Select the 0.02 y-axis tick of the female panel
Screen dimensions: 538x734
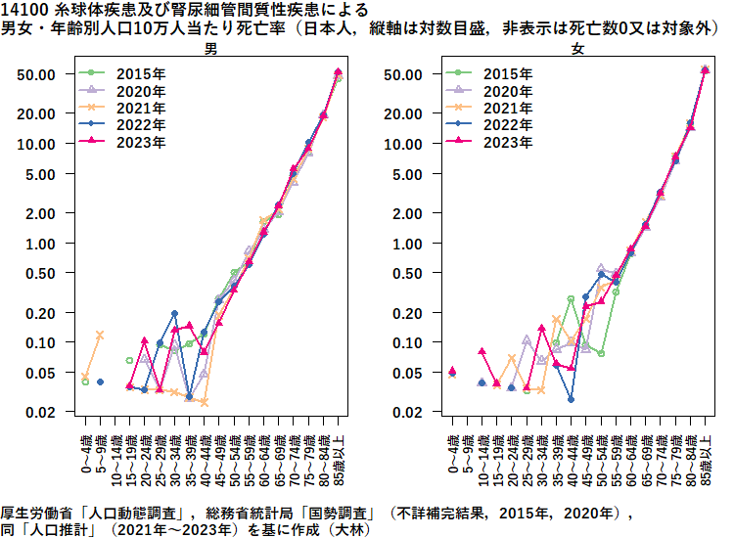(x=408, y=412)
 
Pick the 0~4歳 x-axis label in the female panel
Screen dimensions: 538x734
(x=452, y=453)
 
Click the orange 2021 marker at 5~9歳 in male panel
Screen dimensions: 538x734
(x=100, y=335)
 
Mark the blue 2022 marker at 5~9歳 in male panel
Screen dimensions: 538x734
(x=100, y=382)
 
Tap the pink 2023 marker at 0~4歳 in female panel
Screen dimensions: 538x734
(x=452, y=371)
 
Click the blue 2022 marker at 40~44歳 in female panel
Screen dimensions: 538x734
(x=571, y=399)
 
